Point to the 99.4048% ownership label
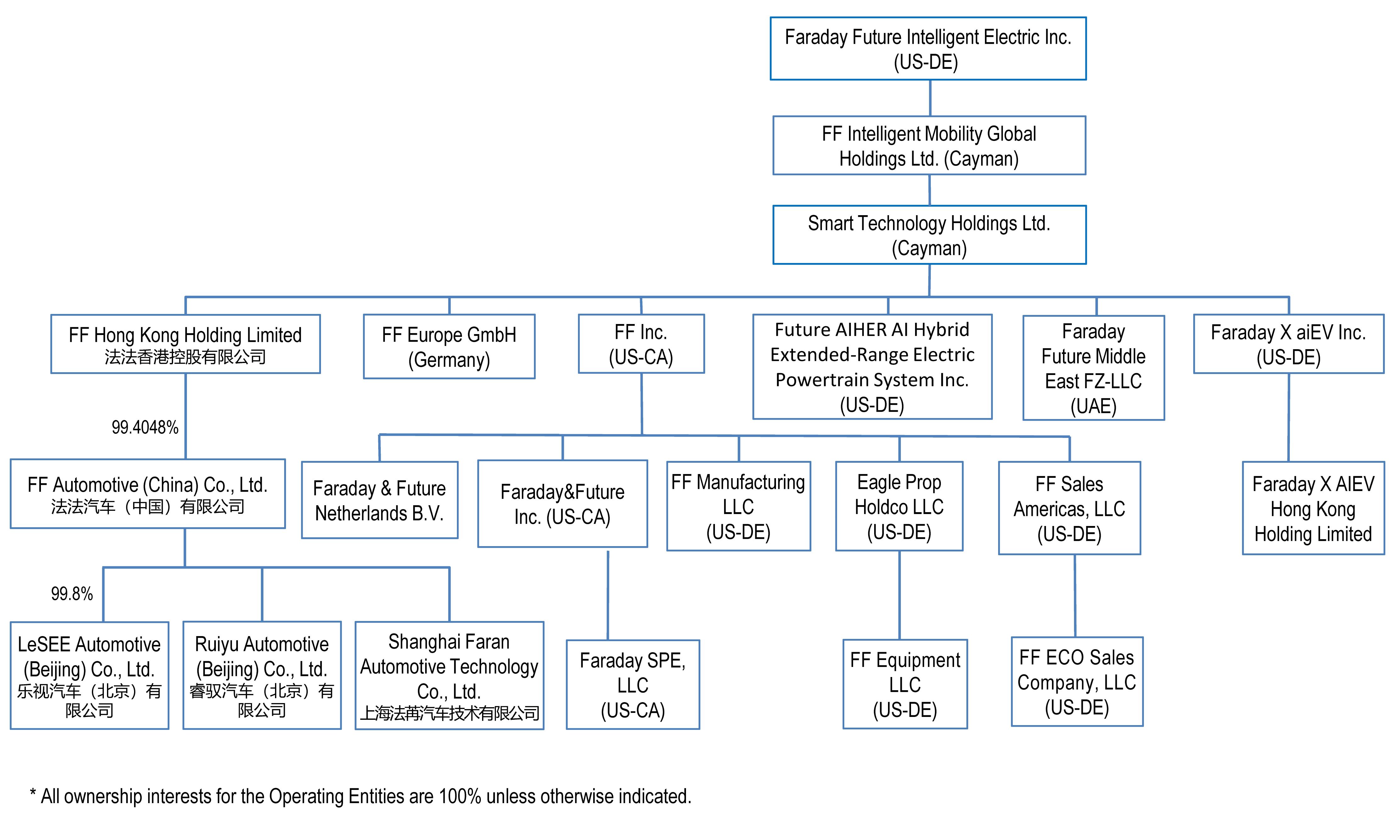point(145,428)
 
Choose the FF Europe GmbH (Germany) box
point(449,347)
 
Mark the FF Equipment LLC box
point(904,685)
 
